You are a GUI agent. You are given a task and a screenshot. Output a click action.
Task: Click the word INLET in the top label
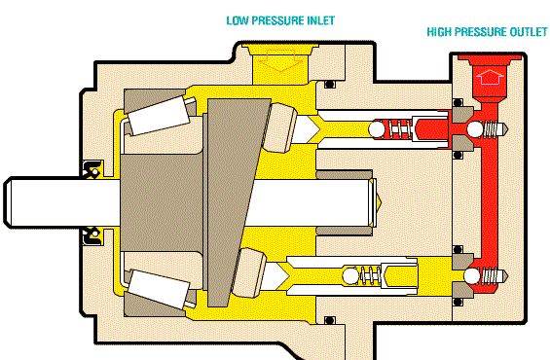(320, 20)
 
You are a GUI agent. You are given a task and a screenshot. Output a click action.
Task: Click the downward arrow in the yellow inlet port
(280, 59)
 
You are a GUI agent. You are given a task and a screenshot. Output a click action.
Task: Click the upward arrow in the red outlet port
(490, 77)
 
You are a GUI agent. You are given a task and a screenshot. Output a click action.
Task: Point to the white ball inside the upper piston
(377, 129)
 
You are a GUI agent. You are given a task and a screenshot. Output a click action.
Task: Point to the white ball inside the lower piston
(350, 276)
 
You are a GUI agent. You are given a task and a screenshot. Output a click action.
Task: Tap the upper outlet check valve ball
(475, 129)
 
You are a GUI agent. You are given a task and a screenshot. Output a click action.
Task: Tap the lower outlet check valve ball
(472, 276)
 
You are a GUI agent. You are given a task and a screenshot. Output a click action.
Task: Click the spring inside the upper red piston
(398, 129)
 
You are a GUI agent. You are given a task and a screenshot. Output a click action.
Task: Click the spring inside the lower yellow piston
(369, 276)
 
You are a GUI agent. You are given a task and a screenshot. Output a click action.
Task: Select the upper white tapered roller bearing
(158, 115)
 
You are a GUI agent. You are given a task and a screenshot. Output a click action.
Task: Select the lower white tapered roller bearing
(159, 289)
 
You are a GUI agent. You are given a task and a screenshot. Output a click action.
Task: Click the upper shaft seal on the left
(92, 169)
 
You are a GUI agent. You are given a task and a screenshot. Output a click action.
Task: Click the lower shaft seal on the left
(92, 236)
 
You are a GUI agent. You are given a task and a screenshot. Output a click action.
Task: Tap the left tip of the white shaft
(4, 202)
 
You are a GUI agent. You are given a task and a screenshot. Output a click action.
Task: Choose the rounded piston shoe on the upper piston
(279, 127)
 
